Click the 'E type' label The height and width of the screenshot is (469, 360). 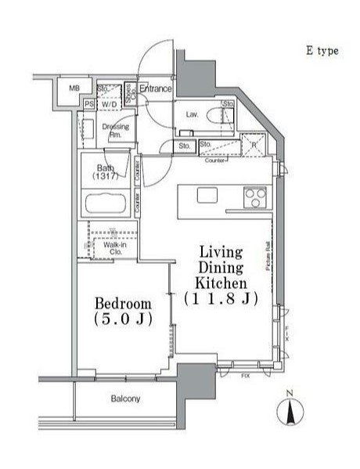(321, 51)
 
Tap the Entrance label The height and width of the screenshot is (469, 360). (156, 89)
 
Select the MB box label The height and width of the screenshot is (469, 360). (74, 88)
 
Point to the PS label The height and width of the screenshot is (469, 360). (88, 103)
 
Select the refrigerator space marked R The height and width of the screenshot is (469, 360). (254, 144)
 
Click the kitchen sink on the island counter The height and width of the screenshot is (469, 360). (207, 195)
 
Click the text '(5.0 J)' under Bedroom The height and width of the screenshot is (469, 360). (122, 320)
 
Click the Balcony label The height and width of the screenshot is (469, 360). (125, 399)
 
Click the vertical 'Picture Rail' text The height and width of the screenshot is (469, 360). (268, 258)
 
